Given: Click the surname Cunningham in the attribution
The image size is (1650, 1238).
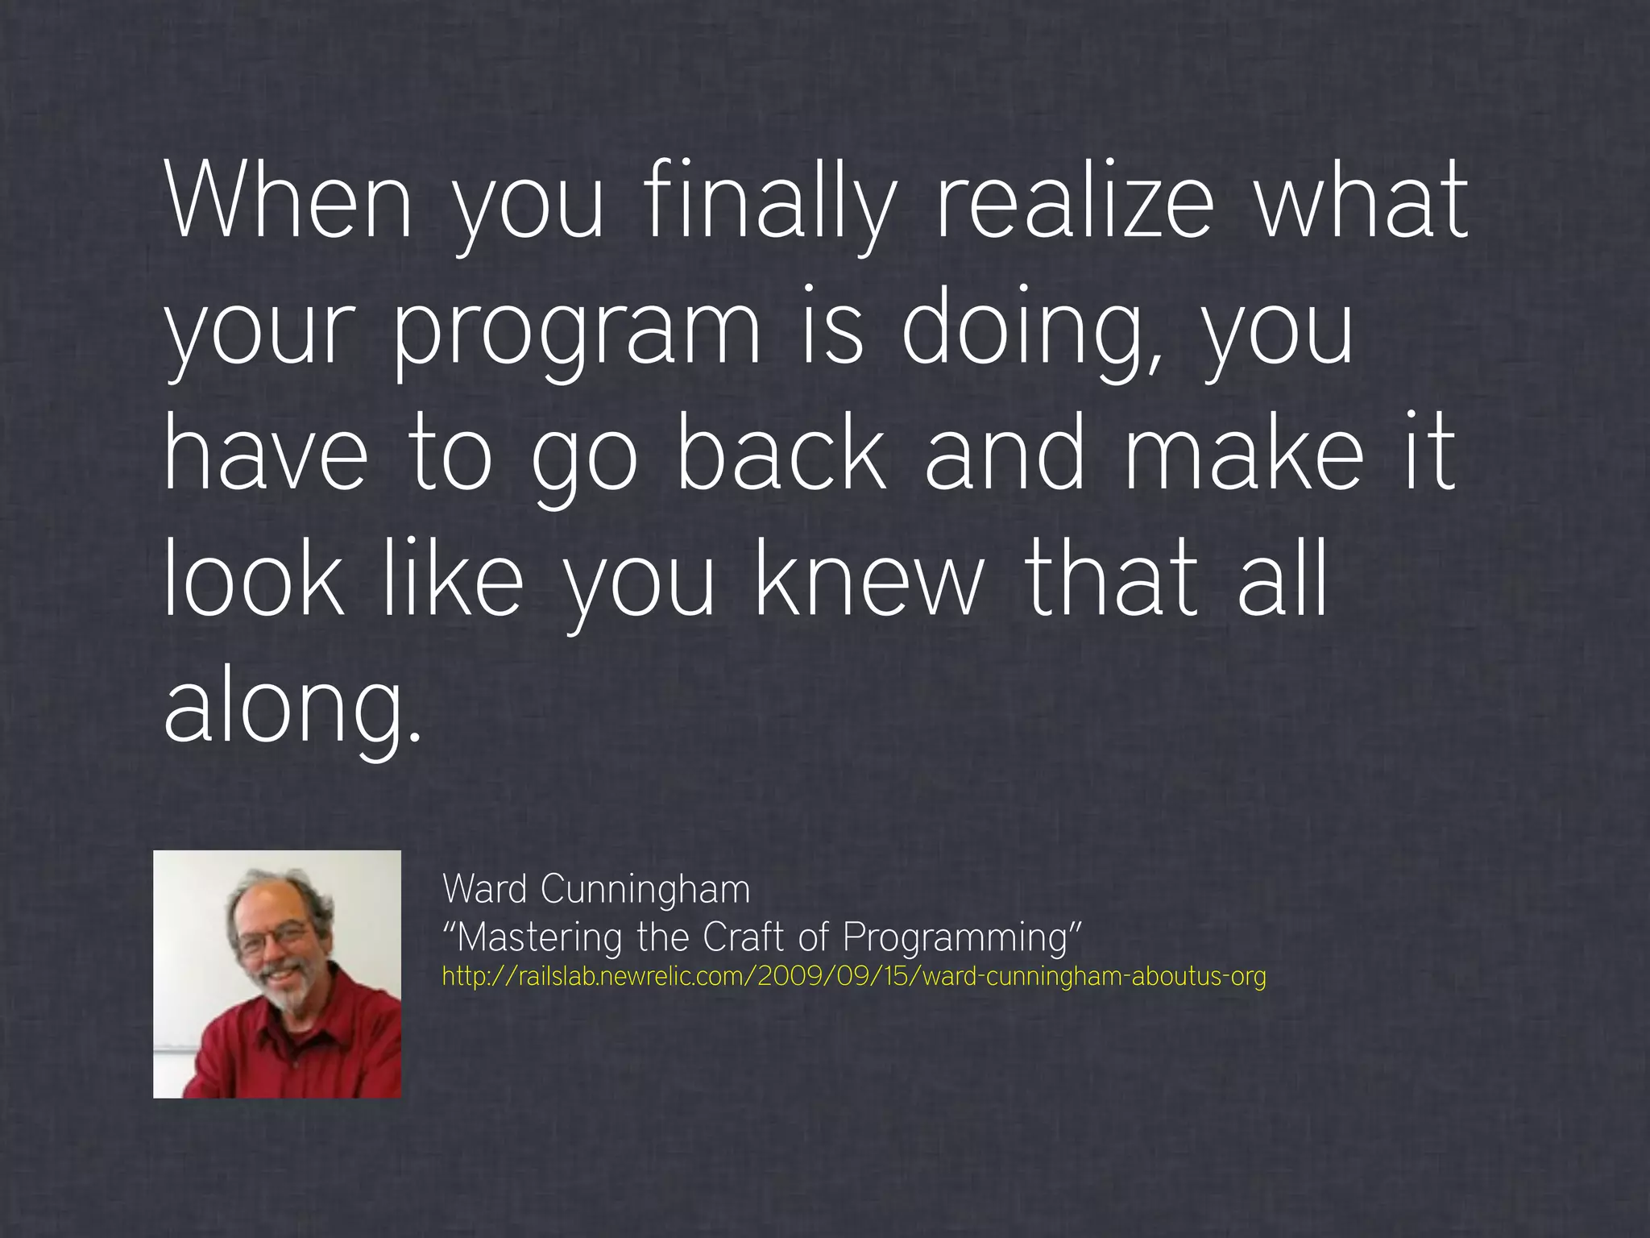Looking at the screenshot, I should tap(645, 890).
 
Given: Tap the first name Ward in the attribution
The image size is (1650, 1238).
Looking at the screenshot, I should tap(485, 890).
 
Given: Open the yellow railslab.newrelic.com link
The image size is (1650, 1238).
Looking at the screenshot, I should tap(854, 977).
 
